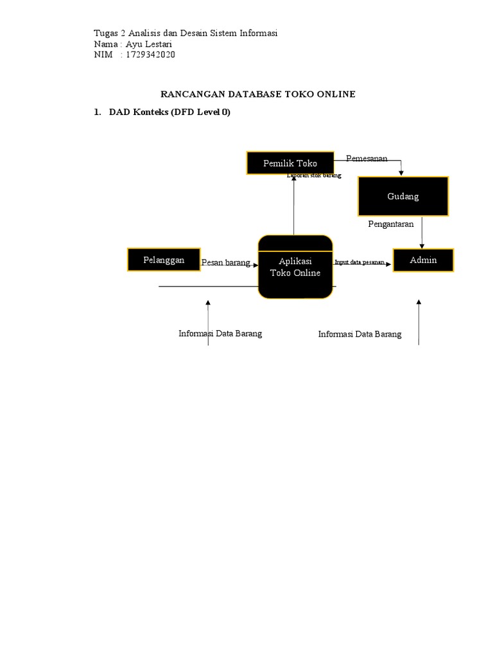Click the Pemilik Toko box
[290, 163]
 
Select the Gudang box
[403, 196]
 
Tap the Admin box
[423, 260]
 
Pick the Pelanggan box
[164, 260]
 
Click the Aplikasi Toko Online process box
[295, 267]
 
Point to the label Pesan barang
[225, 263]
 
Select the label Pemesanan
[367, 158]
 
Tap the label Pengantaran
[391, 224]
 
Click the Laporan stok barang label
[314, 175]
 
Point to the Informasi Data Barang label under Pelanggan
[220, 333]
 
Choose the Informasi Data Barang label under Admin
[359, 334]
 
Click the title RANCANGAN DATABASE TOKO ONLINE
[257, 94]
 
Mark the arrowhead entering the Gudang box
[402, 172]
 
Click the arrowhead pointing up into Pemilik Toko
[293, 178]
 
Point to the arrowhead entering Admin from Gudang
[422, 245]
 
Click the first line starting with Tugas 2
[186, 33]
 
